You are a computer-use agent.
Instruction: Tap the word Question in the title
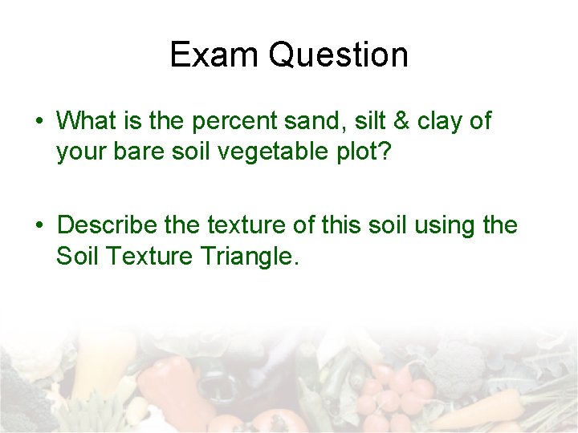tap(338, 55)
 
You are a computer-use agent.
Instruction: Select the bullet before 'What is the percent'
tap(39, 123)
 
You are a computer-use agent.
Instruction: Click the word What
tap(85, 122)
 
